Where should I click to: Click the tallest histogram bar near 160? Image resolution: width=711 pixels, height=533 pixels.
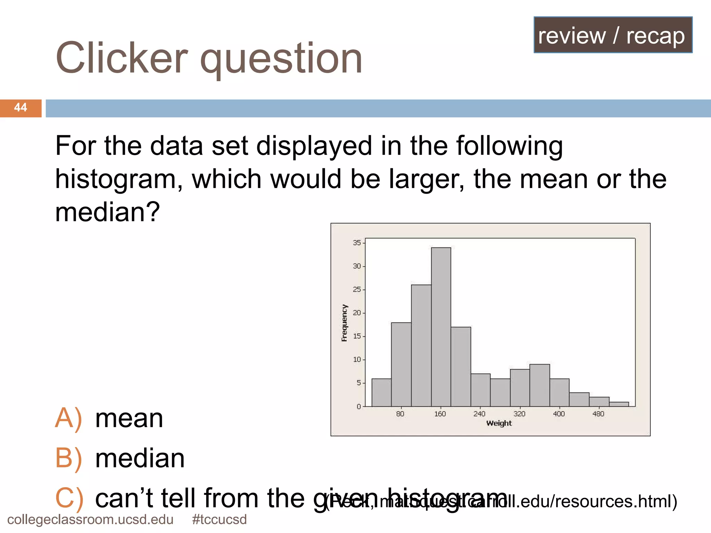(441, 326)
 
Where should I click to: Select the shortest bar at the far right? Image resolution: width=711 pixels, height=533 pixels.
(619, 404)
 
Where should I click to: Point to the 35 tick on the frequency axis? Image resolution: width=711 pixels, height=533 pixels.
(357, 243)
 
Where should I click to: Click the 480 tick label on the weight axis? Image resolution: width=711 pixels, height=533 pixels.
(598, 414)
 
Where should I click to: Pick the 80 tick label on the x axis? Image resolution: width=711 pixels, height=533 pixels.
(400, 414)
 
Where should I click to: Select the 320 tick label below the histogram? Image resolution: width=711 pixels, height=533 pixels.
(519, 414)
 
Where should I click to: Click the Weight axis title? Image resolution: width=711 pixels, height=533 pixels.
(499, 423)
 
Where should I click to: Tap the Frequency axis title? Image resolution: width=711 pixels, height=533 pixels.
(344, 323)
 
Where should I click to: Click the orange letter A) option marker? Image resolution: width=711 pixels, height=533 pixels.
(68, 418)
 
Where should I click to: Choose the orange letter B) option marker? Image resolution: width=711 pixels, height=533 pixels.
(68, 458)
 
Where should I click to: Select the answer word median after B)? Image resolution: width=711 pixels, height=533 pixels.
(140, 458)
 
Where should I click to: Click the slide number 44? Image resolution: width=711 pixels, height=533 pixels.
(20, 108)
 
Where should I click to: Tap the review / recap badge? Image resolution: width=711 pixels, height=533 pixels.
(613, 35)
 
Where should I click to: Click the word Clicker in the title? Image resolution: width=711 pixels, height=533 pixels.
(122, 58)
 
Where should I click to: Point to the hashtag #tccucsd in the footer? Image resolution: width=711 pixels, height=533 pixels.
(219, 519)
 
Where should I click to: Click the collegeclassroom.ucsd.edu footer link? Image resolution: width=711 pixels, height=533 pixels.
(90, 519)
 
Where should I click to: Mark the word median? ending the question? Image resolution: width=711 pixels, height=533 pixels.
(107, 212)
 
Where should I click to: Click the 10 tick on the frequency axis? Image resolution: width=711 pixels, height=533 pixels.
(357, 359)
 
